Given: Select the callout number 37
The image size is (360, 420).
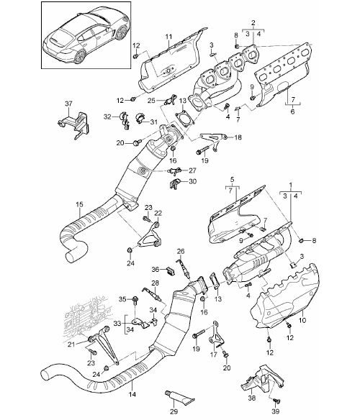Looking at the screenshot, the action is point(68,103).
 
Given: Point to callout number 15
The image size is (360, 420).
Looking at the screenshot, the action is point(79,204).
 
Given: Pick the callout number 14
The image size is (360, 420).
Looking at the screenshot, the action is point(132,394).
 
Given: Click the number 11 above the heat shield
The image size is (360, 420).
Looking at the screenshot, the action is point(168,37).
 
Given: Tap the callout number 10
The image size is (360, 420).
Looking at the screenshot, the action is point(302,320).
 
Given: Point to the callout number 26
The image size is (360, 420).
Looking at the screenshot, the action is point(181,251).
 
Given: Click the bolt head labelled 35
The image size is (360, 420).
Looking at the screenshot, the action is point(135,298).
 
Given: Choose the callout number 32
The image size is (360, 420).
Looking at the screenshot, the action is point(107,117).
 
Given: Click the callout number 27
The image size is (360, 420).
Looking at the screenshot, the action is point(192,170).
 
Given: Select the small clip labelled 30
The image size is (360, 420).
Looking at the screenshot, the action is point(174,183).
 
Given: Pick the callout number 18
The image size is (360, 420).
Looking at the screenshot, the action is point(238,137).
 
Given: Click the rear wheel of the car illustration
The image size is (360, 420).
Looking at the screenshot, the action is point(80,57).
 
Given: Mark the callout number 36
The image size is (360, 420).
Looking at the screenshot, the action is point(156,269).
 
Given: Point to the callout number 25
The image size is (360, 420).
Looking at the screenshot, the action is point(152,101).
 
